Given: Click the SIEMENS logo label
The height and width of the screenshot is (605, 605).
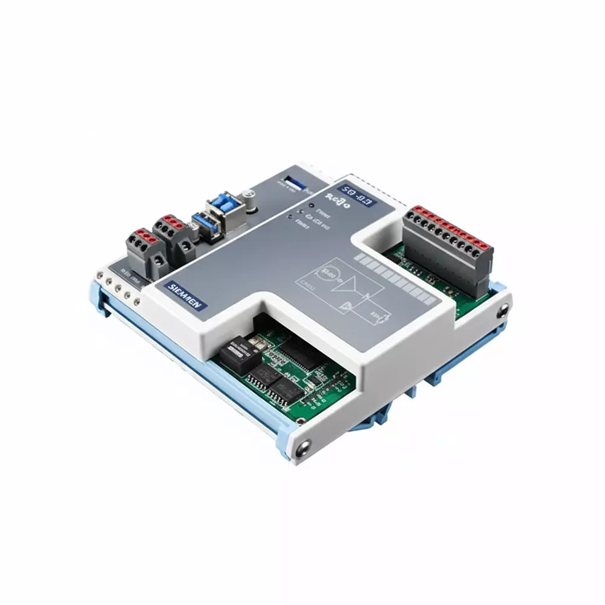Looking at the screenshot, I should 187,295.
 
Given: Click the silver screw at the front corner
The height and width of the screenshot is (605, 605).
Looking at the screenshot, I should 301,448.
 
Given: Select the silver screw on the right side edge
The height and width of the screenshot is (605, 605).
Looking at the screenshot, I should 504,312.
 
